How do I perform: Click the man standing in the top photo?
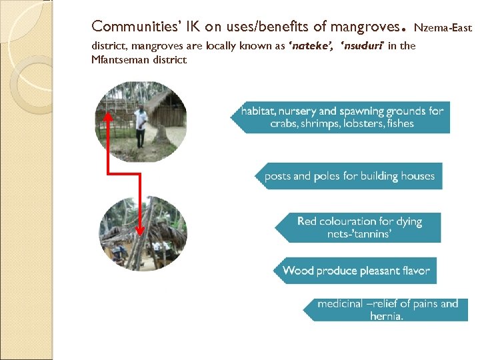(x=140, y=125)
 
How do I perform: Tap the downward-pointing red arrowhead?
(x=140, y=229)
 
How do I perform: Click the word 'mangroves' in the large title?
(x=361, y=27)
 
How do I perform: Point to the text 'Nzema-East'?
(x=443, y=29)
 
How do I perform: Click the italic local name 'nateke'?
(x=312, y=47)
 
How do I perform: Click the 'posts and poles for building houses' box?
(x=349, y=177)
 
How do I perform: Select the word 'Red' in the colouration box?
(x=307, y=221)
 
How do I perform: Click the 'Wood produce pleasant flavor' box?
(x=355, y=271)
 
